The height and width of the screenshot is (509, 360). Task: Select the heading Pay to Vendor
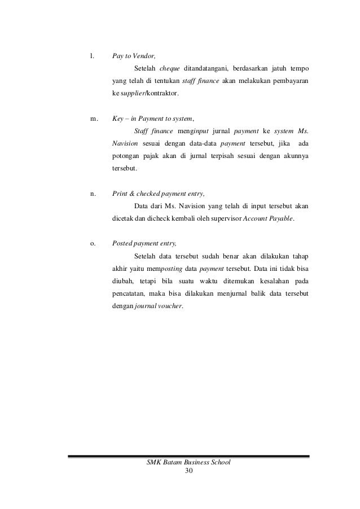coord(134,56)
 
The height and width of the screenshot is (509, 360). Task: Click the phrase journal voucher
coord(159,306)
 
